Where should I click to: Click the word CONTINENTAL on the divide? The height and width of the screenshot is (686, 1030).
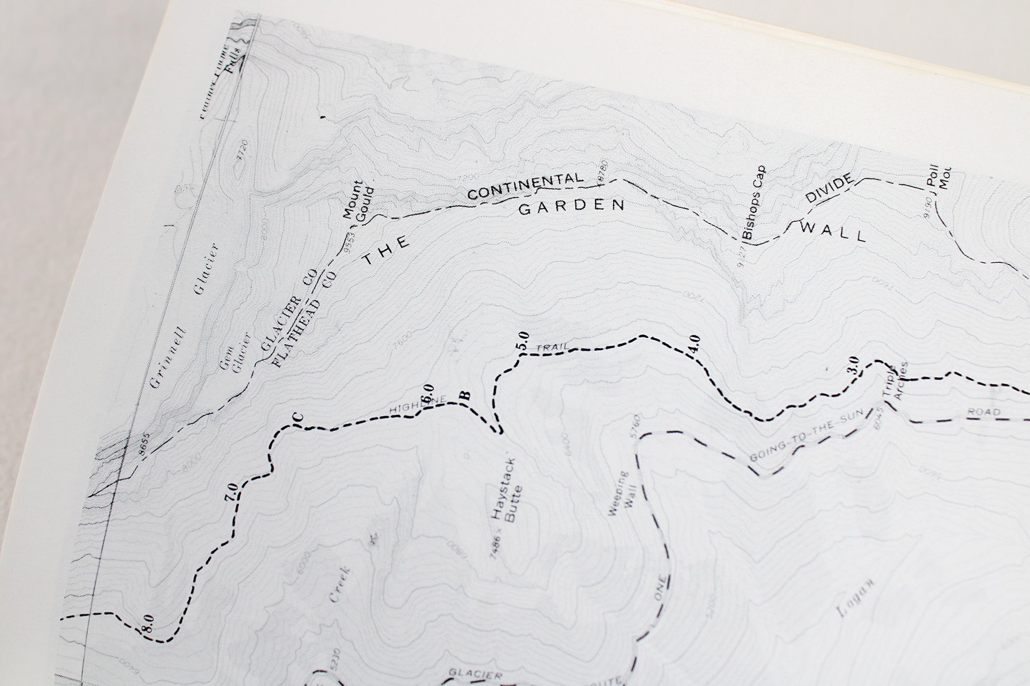525,187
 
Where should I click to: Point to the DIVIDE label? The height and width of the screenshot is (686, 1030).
829,188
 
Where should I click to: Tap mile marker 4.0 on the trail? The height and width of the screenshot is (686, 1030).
694,345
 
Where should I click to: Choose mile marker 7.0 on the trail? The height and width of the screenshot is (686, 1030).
230,492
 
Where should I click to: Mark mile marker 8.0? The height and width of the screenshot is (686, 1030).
148,621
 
